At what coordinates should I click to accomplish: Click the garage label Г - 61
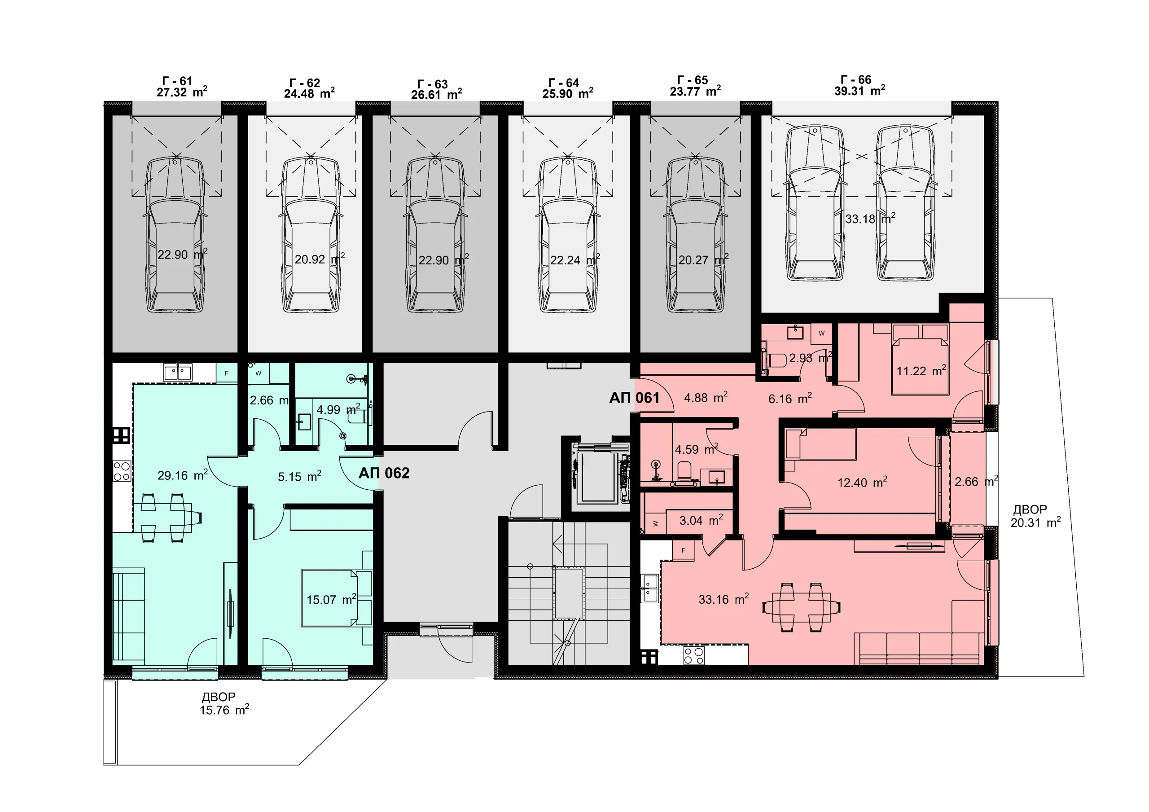(x=177, y=81)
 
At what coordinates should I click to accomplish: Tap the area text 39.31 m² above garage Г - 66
(x=860, y=91)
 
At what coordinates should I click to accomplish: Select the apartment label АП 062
(x=384, y=473)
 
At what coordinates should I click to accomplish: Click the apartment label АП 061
(x=634, y=398)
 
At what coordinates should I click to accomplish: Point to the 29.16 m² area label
(x=183, y=474)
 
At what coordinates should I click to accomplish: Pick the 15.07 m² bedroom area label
(x=331, y=599)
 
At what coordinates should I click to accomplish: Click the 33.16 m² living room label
(x=724, y=599)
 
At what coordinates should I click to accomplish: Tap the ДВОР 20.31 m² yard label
(x=1035, y=516)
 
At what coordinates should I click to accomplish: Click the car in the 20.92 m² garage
(x=311, y=234)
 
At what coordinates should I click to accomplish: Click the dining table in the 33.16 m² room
(x=801, y=607)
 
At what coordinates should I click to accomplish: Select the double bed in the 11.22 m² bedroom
(x=920, y=359)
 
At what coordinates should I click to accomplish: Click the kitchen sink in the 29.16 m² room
(x=178, y=372)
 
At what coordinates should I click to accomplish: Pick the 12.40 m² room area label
(x=862, y=482)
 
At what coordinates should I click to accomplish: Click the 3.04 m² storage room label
(x=701, y=521)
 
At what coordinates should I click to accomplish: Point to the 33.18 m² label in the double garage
(x=870, y=218)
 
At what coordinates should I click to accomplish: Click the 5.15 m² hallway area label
(x=299, y=476)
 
